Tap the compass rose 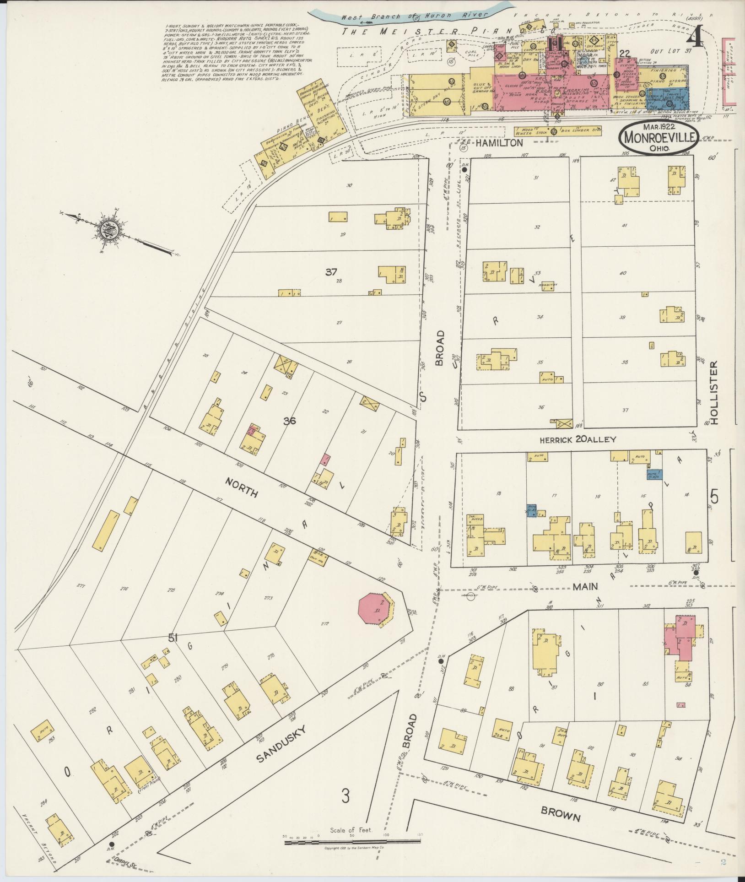[x=110, y=230]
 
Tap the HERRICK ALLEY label [x=578, y=440]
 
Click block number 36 [x=289, y=421]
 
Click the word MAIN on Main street [x=585, y=586]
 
